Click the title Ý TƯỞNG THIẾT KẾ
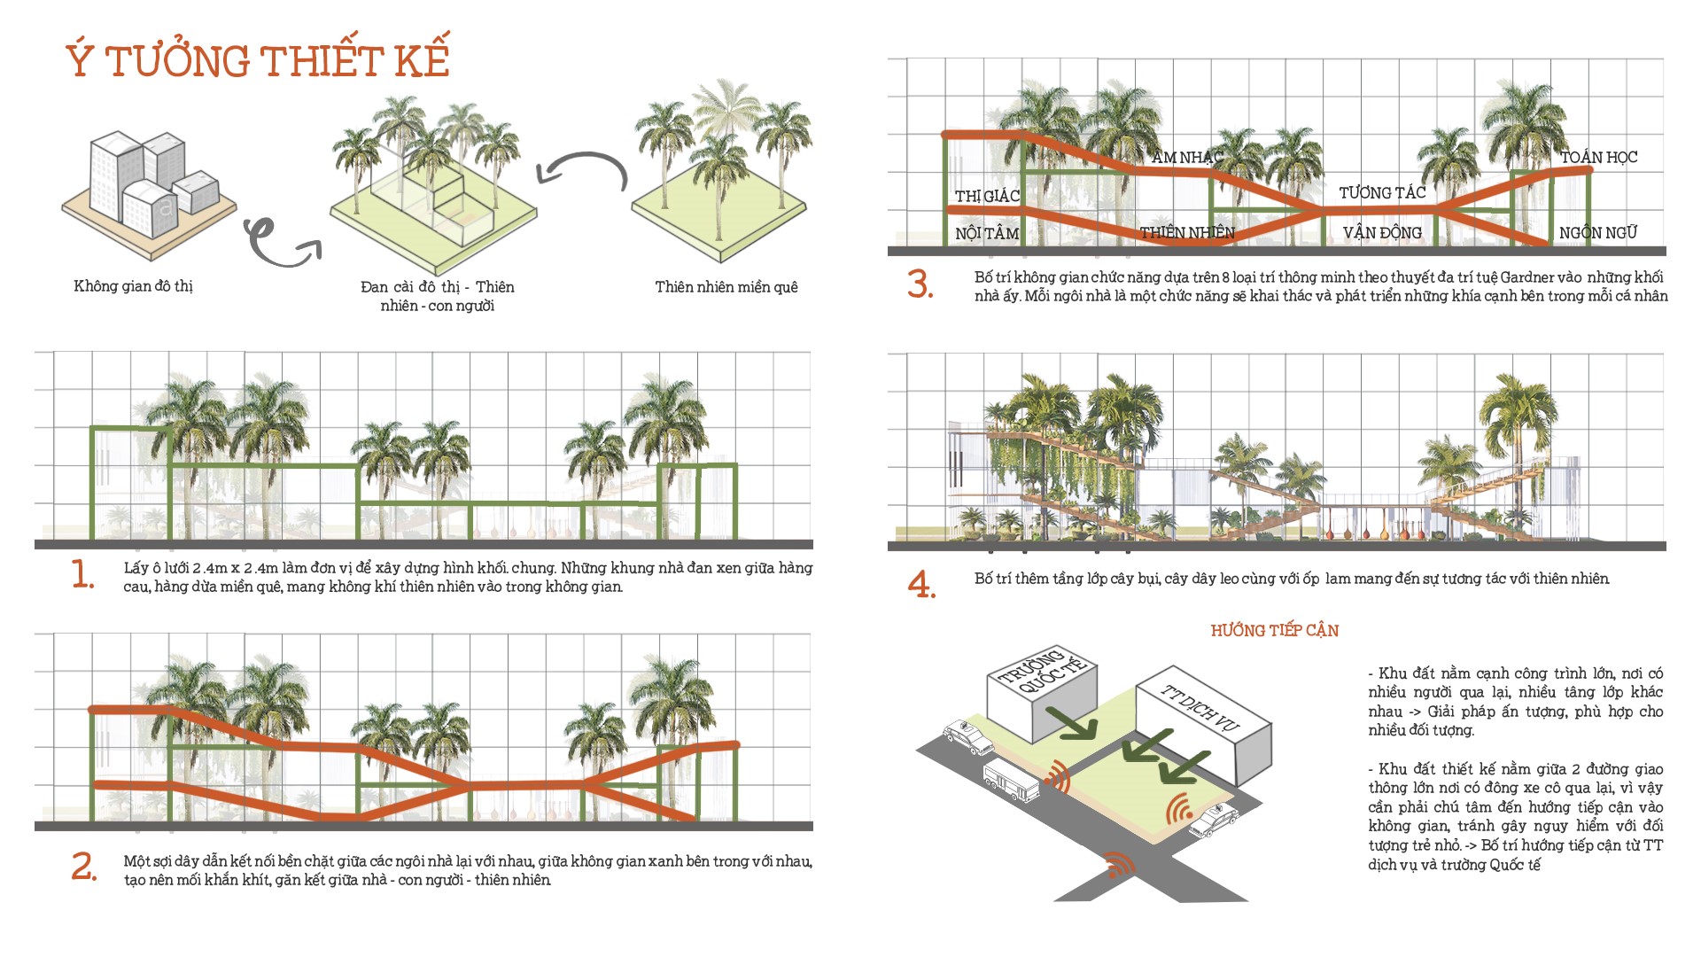[258, 60]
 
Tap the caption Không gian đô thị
[133, 285]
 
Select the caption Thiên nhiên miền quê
[726, 286]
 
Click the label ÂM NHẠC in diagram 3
[1187, 158]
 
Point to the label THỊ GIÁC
[987, 196]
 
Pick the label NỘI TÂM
[987, 233]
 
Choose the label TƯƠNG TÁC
[1382, 192]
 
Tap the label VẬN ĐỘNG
[1382, 233]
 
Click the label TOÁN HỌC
[1598, 157]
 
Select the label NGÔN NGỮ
[1598, 233]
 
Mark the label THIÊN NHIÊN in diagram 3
[1187, 233]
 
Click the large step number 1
[82, 575]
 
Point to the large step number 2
[83, 867]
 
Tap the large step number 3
[920, 284]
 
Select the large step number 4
[920, 585]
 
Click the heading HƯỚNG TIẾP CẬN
[1274, 630]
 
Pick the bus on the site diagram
[1011, 780]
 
